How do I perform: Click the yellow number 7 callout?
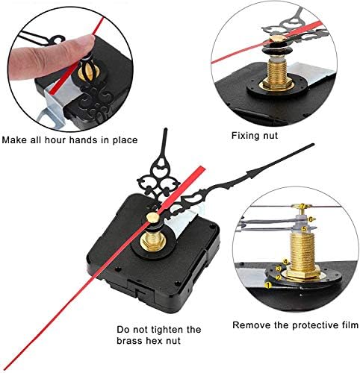coord(302,206)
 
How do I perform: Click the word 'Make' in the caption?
coord(18,140)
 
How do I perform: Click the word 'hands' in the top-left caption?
coord(95,140)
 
